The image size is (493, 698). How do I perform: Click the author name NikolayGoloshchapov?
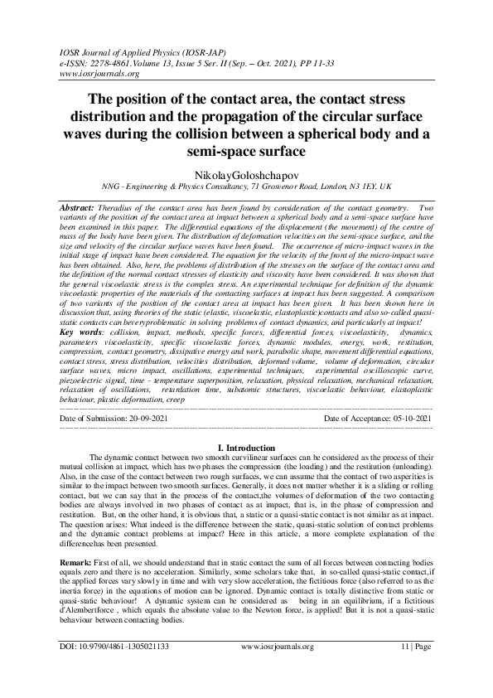(245, 177)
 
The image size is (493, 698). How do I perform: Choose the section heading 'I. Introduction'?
(245, 447)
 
